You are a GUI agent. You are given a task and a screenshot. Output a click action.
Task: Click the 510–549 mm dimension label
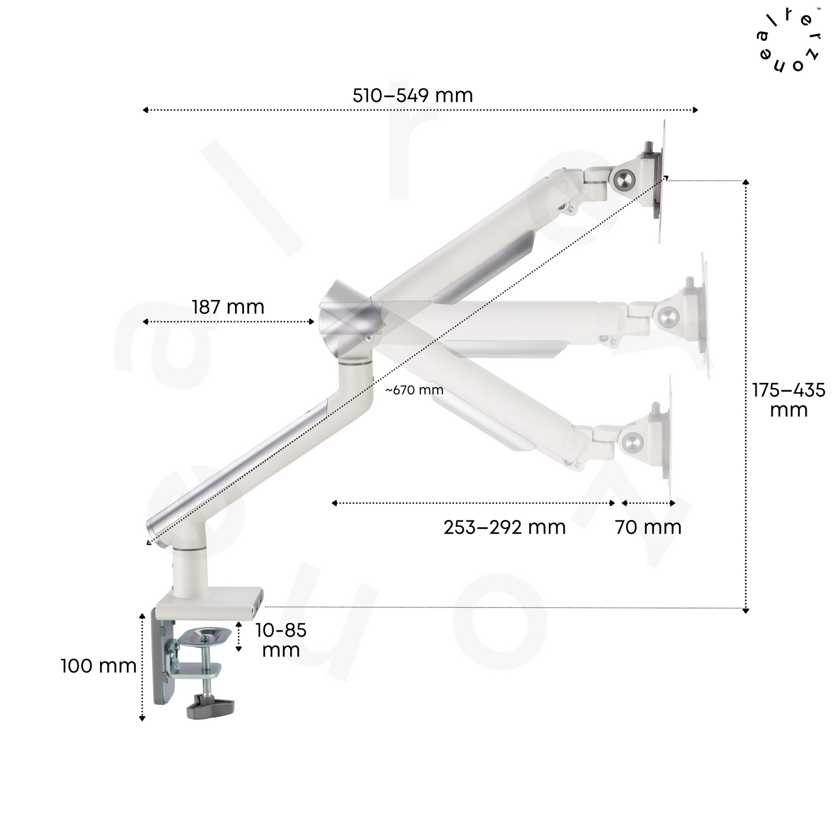[x=413, y=96]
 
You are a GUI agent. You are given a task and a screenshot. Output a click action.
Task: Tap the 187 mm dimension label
[x=228, y=307]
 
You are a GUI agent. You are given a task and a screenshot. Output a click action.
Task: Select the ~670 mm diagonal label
[x=415, y=390]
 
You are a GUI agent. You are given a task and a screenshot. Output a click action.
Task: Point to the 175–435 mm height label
[x=788, y=400]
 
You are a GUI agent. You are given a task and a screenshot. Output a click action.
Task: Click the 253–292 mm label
[x=504, y=527]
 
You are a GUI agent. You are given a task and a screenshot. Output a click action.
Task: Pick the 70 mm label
[x=648, y=527]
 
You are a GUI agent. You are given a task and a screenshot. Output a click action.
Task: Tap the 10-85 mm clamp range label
[x=280, y=640]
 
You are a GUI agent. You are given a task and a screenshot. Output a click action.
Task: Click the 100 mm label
[x=98, y=666]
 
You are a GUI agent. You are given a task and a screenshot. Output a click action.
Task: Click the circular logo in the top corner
[x=788, y=40]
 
